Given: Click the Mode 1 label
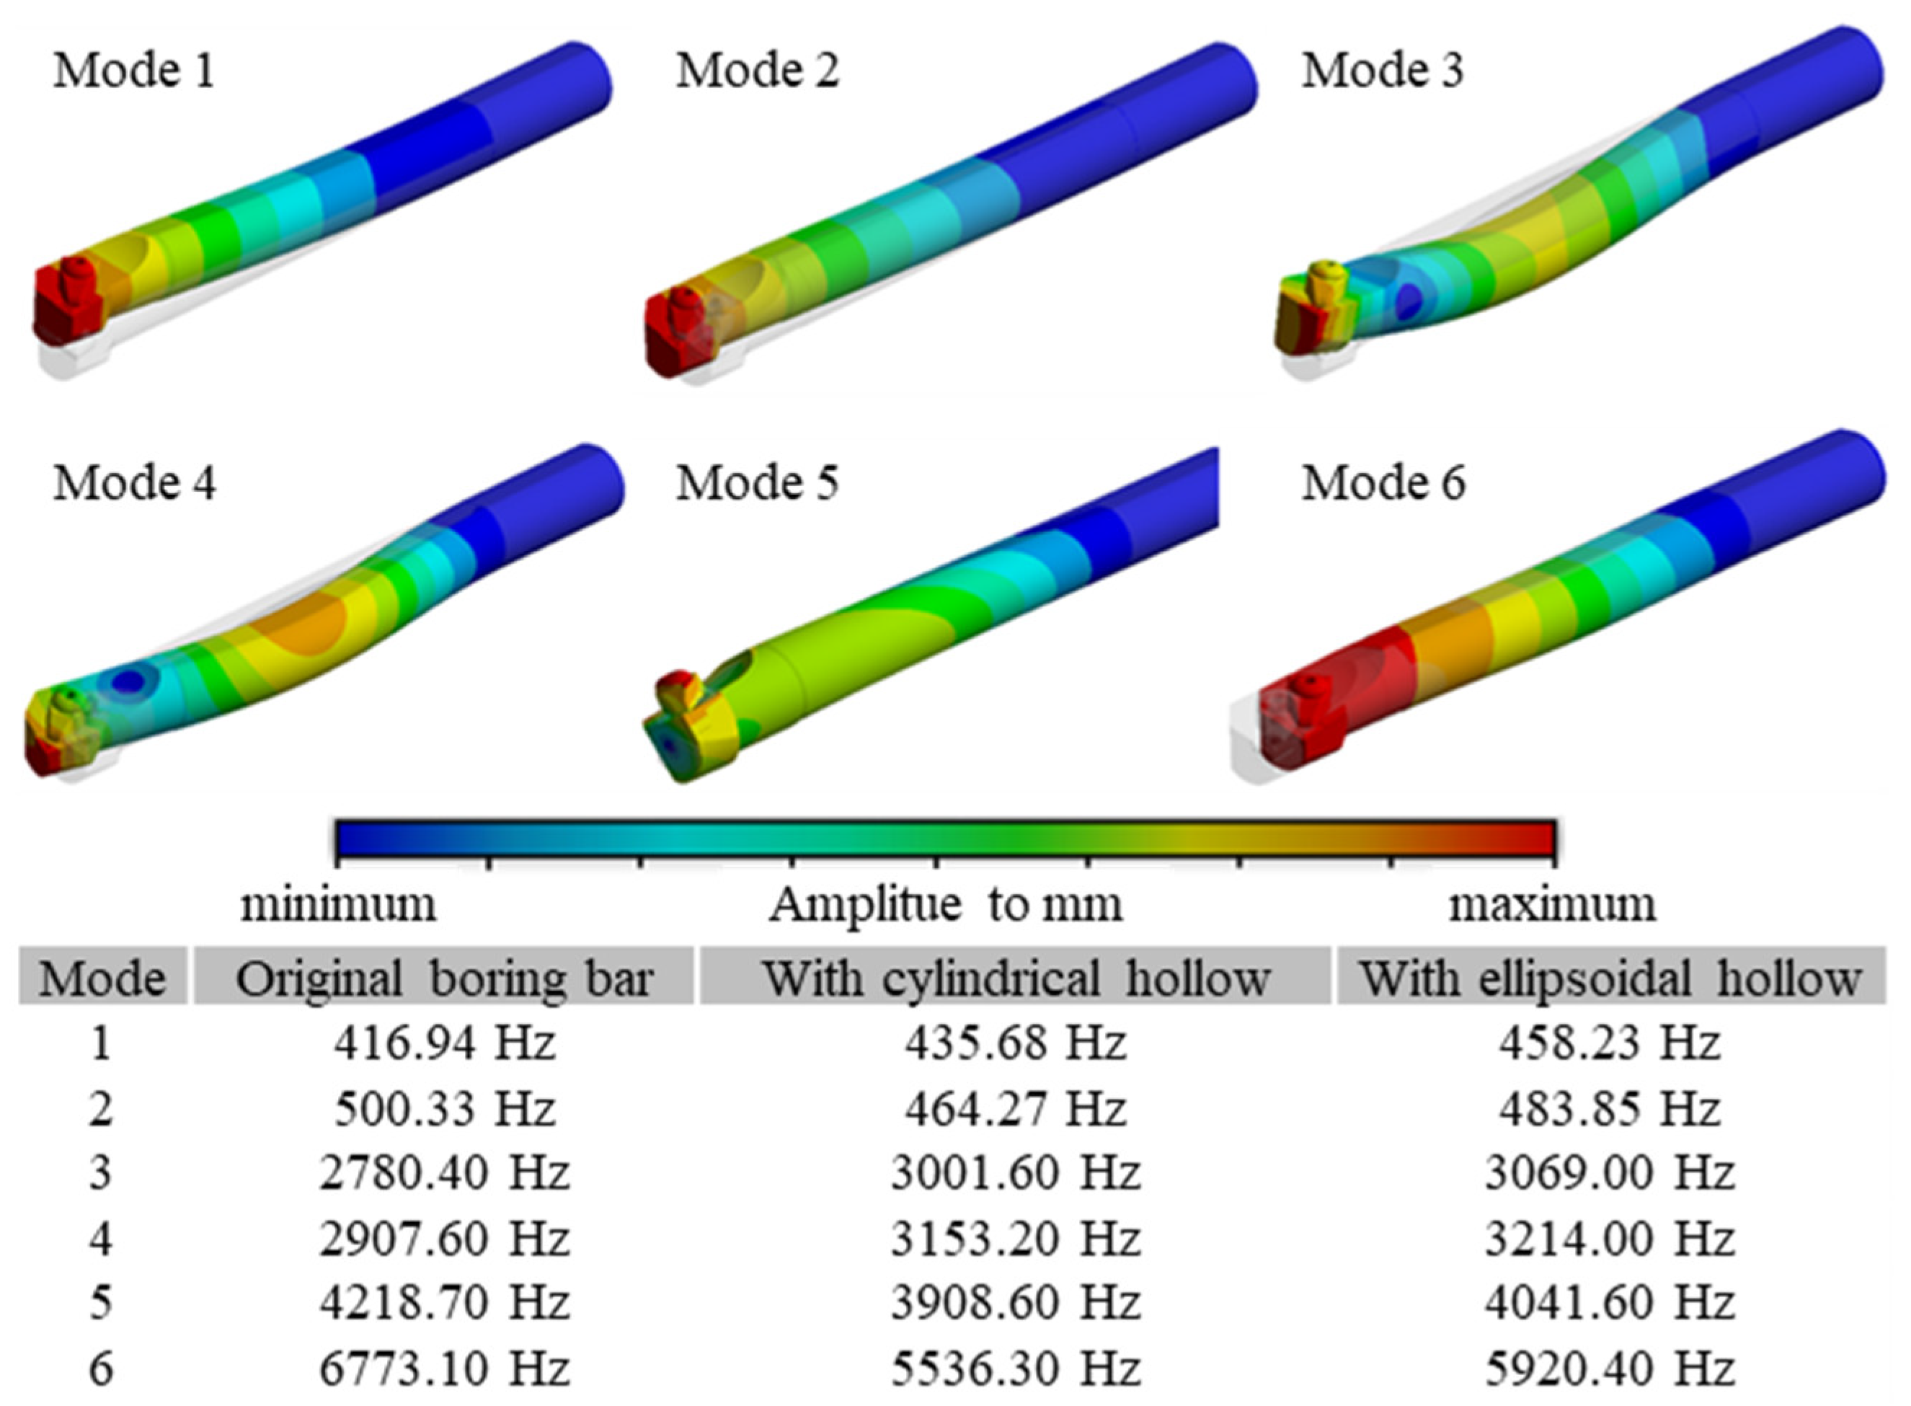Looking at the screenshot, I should tap(133, 70).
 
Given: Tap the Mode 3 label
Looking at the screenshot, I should tap(1382, 70).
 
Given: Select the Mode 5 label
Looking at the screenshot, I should tap(757, 482).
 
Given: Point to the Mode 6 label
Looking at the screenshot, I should tap(1383, 482).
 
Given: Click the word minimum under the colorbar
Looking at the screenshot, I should tap(338, 904).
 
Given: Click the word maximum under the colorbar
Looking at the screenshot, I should tap(1552, 904).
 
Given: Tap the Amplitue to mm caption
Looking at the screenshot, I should tap(945, 904).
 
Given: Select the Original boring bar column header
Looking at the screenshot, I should tap(444, 978).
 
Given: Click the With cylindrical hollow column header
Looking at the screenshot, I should tap(1015, 978).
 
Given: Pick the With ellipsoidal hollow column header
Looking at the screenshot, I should tap(1610, 978).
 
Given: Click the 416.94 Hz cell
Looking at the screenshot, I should tap(444, 1043).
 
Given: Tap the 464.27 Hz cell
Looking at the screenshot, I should tap(1015, 1109).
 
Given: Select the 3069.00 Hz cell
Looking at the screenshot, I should tap(1609, 1173).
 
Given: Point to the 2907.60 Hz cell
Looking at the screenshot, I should tap(444, 1238).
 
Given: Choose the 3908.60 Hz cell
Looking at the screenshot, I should tap(1015, 1303).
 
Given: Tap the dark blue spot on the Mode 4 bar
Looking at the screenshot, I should tap(128, 680).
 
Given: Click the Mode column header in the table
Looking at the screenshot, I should tap(102, 978).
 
